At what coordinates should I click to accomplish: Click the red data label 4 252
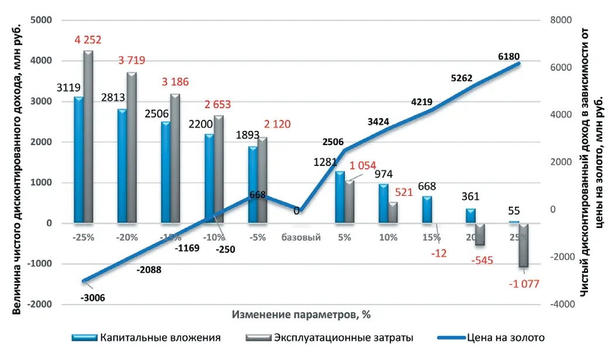(88, 40)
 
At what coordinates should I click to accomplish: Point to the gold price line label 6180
(507, 56)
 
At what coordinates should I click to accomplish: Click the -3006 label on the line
(94, 297)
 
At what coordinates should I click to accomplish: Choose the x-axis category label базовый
(300, 238)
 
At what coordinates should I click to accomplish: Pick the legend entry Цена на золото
(506, 337)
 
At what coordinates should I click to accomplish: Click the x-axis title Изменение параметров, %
(301, 314)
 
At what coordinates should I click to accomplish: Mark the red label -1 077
(523, 284)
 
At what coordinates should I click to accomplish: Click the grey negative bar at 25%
(524, 245)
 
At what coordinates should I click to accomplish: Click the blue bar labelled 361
(471, 216)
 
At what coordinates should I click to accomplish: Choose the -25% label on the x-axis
(83, 238)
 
